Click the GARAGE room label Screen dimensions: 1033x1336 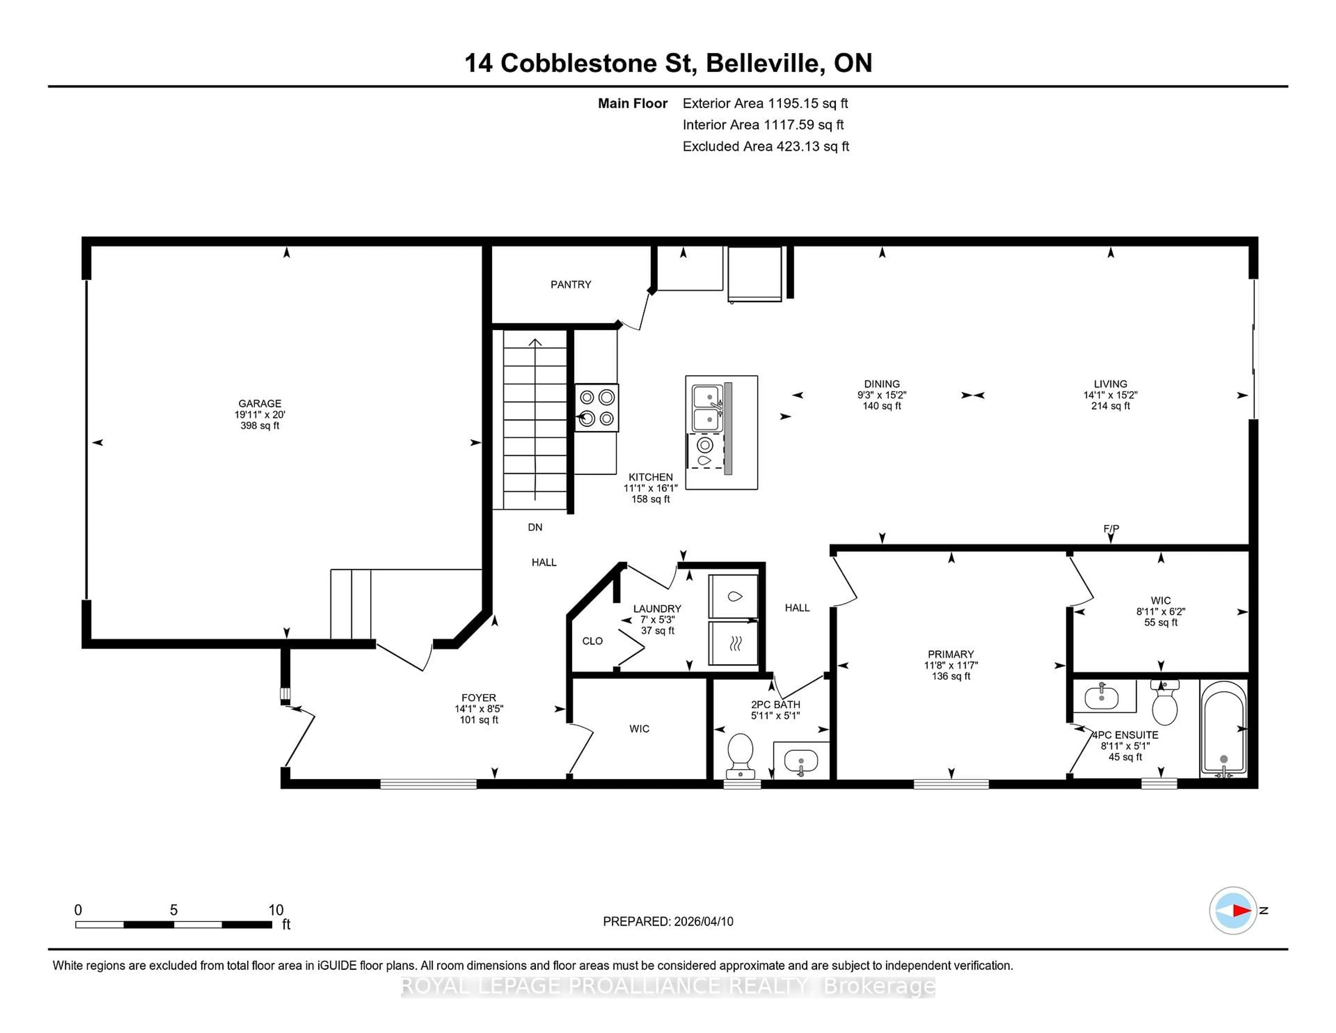259,403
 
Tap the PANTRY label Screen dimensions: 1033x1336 570,285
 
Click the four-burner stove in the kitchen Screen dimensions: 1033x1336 596,408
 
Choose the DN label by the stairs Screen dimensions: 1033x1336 535,527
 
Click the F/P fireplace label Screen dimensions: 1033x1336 1111,528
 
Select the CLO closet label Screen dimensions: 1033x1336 592,641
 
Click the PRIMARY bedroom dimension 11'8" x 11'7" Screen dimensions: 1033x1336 951,665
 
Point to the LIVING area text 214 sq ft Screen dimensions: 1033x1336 1110,406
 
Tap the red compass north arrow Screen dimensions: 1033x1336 1241,910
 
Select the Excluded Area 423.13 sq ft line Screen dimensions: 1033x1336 765,146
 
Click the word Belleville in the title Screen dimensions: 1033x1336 763,63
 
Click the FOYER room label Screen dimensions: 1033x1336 478,697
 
